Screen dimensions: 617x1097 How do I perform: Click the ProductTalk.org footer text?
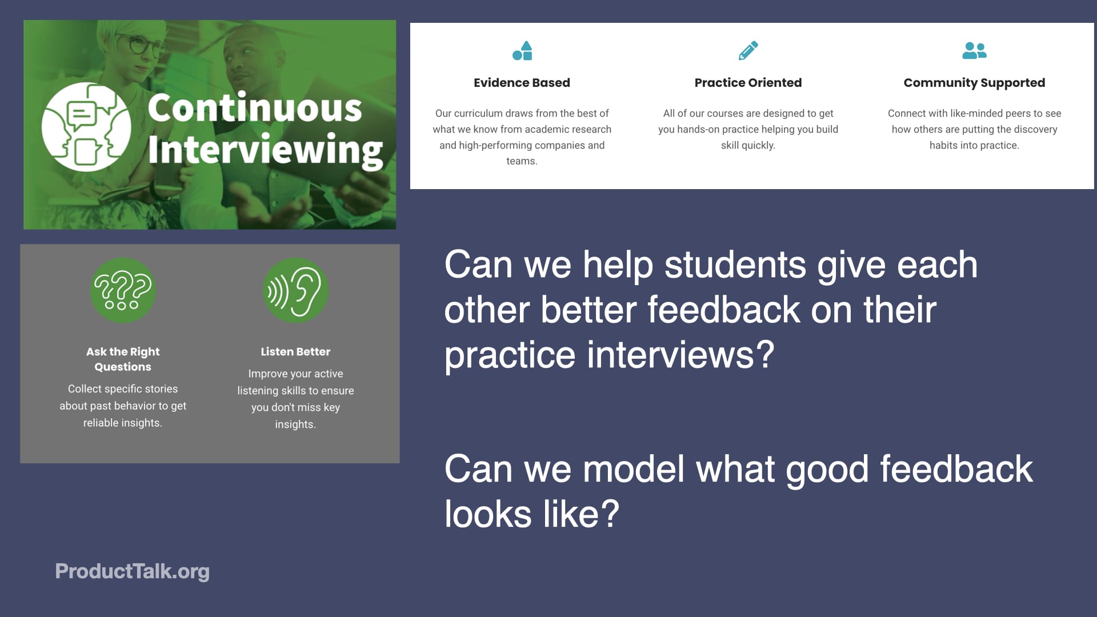(x=132, y=571)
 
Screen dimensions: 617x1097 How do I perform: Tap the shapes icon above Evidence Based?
(x=522, y=51)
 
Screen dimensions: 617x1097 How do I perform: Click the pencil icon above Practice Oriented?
(x=748, y=50)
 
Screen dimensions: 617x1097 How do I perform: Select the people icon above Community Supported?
(x=974, y=50)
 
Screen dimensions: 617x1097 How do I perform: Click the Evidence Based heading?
(x=522, y=83)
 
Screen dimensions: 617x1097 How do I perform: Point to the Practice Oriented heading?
(x=748, y=83)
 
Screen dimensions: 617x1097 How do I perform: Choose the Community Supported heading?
(x=974, y=83)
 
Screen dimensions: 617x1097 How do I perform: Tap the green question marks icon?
(x=123, y=290)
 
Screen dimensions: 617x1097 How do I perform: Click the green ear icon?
(x=295, y=290)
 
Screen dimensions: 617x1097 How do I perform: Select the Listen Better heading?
(x=295, y=352)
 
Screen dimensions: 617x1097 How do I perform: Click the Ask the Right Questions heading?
(x=123, y=359)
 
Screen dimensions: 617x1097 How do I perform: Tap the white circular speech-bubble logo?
(x=86, y=127)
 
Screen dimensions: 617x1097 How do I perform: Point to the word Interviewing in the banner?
(x=265, y=150)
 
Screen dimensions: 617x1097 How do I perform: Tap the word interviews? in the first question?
(x=680, y=355)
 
